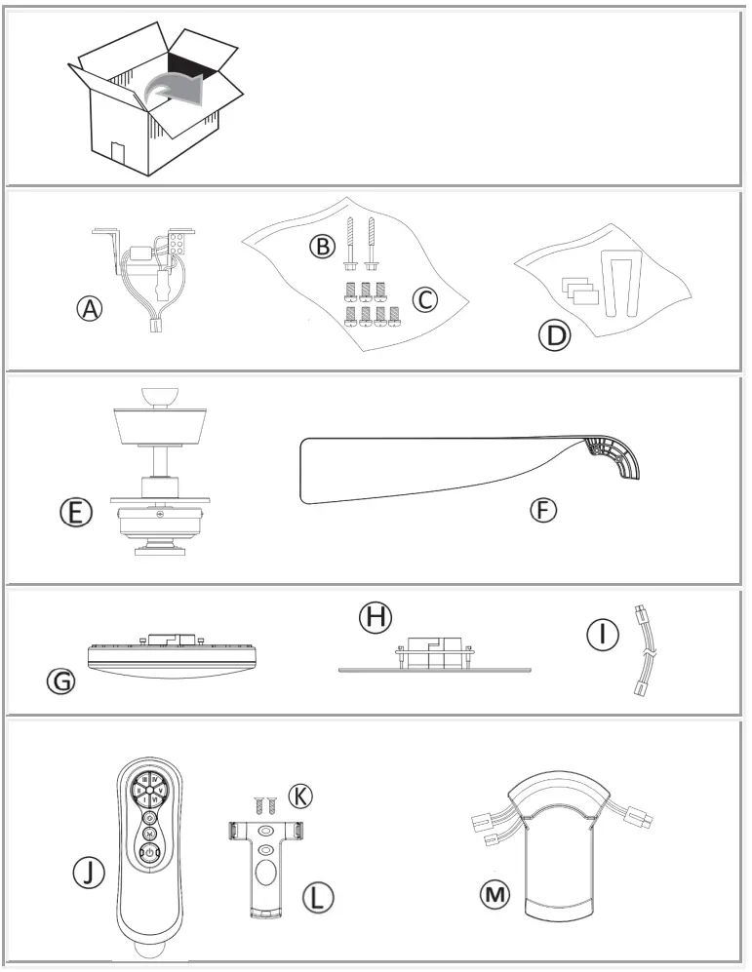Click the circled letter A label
tap(90, 309)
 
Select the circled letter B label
tap(321, 246)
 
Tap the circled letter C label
tap(424, 299)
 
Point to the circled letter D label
tap(553, 335)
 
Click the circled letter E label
tap(75, 512)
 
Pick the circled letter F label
tap(543, 510)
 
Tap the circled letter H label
tap(374, 616)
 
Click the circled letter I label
tap(602, 635)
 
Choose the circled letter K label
tap(302, 796)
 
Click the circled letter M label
tap(497, 893)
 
